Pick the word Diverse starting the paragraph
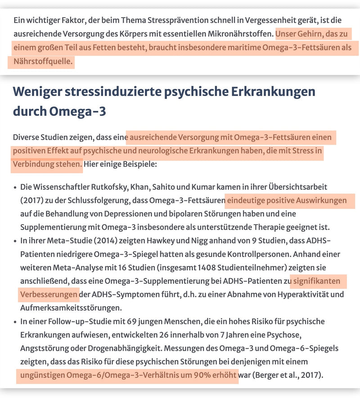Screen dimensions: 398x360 tap(26, 137)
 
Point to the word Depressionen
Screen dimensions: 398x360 tap(135, 213)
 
